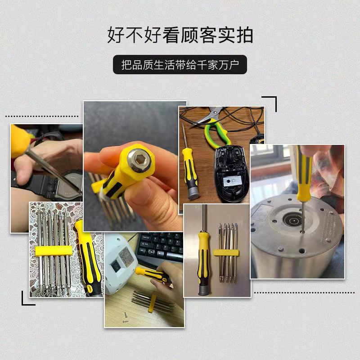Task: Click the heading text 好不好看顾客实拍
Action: tap(180, 35)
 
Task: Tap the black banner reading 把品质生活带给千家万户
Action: tap(180, 65)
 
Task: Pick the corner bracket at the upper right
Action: tap(270, 103)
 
